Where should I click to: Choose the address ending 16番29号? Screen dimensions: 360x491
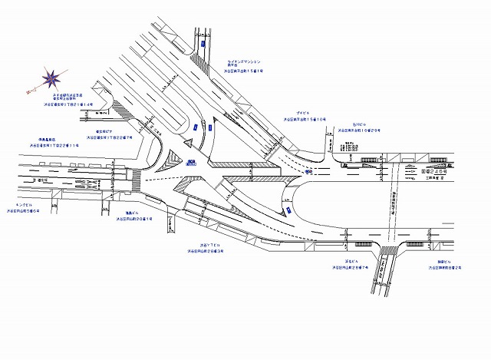pos(360,130)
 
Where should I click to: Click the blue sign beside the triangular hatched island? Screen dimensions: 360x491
pos(189,161)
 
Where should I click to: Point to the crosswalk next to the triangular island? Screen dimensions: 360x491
pos(136,182)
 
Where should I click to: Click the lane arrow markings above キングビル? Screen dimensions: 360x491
pos(92,184)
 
